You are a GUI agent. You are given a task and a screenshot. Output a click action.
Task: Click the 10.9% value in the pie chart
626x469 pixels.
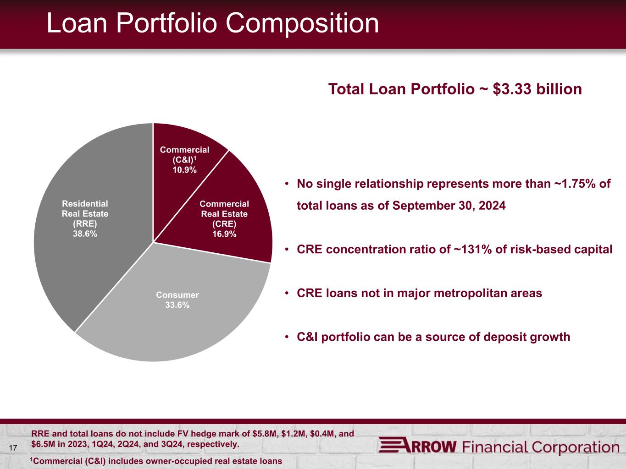click(x=184, y=170)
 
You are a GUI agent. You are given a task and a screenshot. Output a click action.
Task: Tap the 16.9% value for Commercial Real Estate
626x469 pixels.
click(x=224, y=234)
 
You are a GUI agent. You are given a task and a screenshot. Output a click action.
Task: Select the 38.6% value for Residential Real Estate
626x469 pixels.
click(x=85, y=234)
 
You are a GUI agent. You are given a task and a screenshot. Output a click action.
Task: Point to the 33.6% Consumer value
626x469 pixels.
click(x=177, y=305)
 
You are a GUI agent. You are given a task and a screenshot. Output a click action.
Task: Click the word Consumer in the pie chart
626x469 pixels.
click(x=177, y=295)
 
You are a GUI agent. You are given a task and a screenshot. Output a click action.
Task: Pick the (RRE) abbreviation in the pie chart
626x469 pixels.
click(x=85, y=224)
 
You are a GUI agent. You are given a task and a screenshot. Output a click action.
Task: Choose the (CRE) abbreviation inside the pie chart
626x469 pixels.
click(x=224, y=224)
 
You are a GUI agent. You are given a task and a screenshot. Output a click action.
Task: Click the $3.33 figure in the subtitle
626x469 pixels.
click(x=512, y=89)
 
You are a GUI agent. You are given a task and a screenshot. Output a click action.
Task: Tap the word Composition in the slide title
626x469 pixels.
click(x=302, y=24)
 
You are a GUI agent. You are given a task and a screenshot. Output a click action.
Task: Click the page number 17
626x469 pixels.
click(x=13, y=448)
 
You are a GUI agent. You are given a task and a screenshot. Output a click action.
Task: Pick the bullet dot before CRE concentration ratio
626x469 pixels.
click(x=287, y=250)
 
